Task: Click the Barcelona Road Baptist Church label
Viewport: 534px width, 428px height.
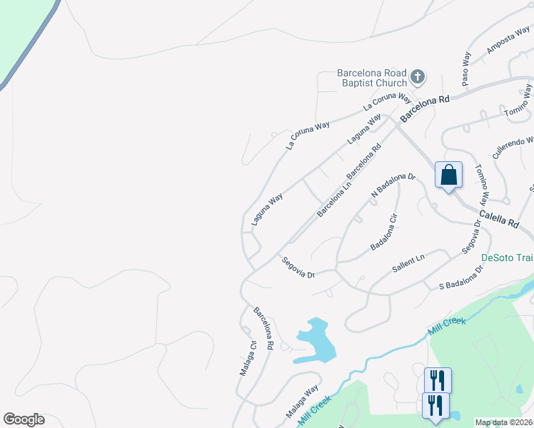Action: (371, 78)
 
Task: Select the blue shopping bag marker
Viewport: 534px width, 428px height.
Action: (448, 175)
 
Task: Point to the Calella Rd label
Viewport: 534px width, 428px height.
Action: (498, 218)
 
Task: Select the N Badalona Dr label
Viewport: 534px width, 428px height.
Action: (393, 185)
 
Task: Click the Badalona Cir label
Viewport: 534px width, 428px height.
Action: (383, 232)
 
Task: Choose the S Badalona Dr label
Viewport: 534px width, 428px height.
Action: (461, 278)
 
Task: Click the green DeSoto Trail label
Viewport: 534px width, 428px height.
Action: (507, 258)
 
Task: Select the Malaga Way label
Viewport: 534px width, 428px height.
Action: (302, 403)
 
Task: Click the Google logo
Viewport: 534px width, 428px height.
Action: (24, 419)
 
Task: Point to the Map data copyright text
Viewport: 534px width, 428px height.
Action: (503, 422)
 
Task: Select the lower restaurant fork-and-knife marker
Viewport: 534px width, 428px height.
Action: (435, 404)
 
